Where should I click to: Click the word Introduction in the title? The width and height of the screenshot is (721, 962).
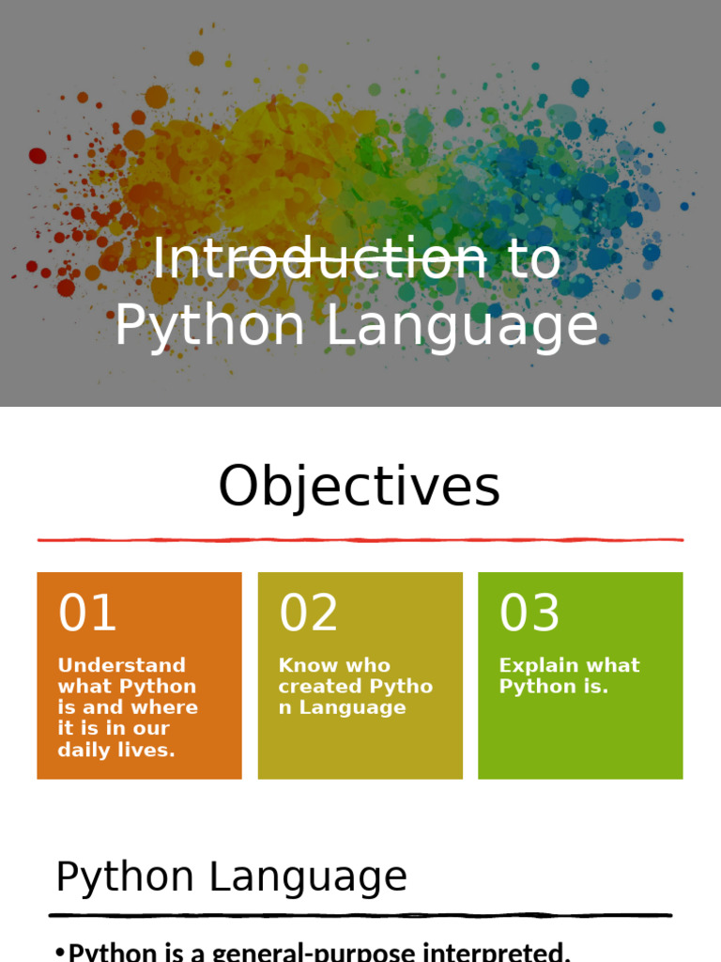tap(319, 259)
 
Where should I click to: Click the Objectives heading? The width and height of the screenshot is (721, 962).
tap(360, 487)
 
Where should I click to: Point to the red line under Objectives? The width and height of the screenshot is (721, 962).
tap(360, 540)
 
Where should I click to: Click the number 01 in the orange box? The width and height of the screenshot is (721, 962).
tap(87, 613)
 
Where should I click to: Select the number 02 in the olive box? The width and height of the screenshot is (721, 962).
tap(308, 613)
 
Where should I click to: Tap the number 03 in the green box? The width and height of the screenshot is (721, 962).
tap(529, 613)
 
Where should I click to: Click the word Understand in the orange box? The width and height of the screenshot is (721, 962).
tap(121, 665)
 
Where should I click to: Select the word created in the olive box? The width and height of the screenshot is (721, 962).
tap(320, 686)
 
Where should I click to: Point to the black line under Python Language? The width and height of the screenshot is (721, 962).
tap(360, 915)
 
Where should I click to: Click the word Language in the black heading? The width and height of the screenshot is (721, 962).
tap(308, 877)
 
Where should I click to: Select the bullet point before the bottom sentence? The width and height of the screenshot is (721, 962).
tap(60, 953)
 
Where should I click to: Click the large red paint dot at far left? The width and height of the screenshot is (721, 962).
tap(38, 156)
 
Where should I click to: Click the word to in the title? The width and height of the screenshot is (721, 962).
tap(534, 260)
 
